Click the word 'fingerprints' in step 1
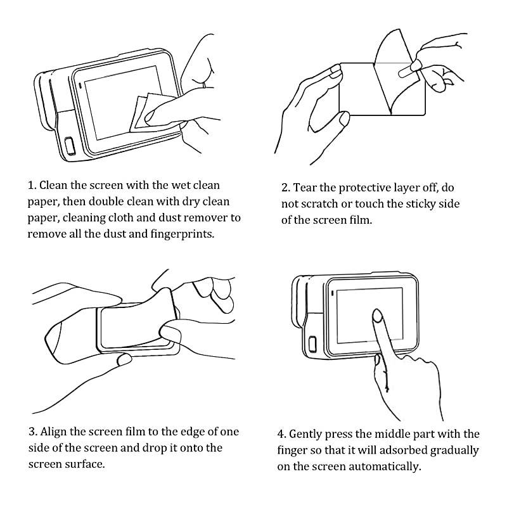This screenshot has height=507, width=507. click(182, 234)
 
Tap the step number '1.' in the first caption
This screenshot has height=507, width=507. click(32, 185)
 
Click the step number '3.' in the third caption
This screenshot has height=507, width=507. click(33, 432)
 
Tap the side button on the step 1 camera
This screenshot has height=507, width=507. click(70, 146)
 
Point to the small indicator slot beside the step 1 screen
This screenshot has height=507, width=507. click(80, 86)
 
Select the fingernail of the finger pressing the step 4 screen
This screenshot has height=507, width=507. click(376, 315)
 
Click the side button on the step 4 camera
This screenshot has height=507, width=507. click(312, 344)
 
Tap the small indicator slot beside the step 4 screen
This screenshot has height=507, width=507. click(332, 293)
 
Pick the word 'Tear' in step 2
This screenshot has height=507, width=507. click(305, 188)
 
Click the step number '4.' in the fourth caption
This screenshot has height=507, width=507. click(281, 434)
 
